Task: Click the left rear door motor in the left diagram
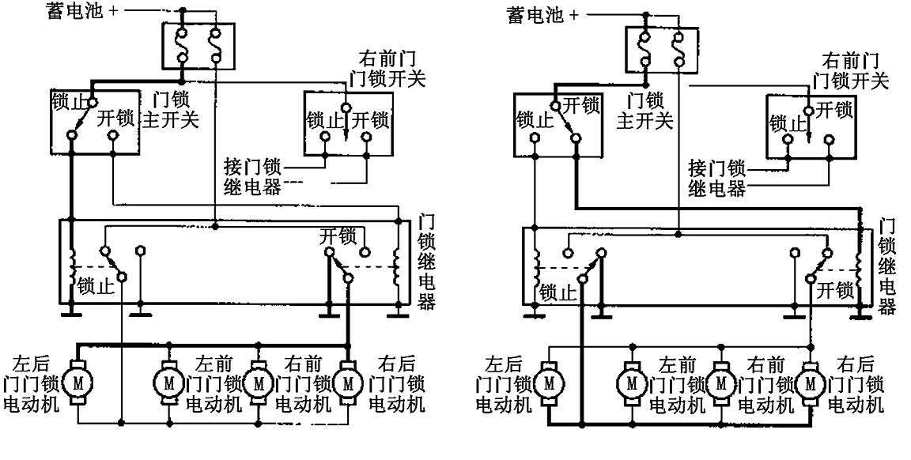pyautogui.click(x=77, y=383)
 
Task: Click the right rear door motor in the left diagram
pyautogui.click(x=348, y=383)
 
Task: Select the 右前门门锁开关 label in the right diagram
pyautogui.click(x=855, y=70)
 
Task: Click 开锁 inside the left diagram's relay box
pyautogui.click(x=336, y=235)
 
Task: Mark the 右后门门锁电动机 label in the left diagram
pyautogui.click(x=397, y=383)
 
